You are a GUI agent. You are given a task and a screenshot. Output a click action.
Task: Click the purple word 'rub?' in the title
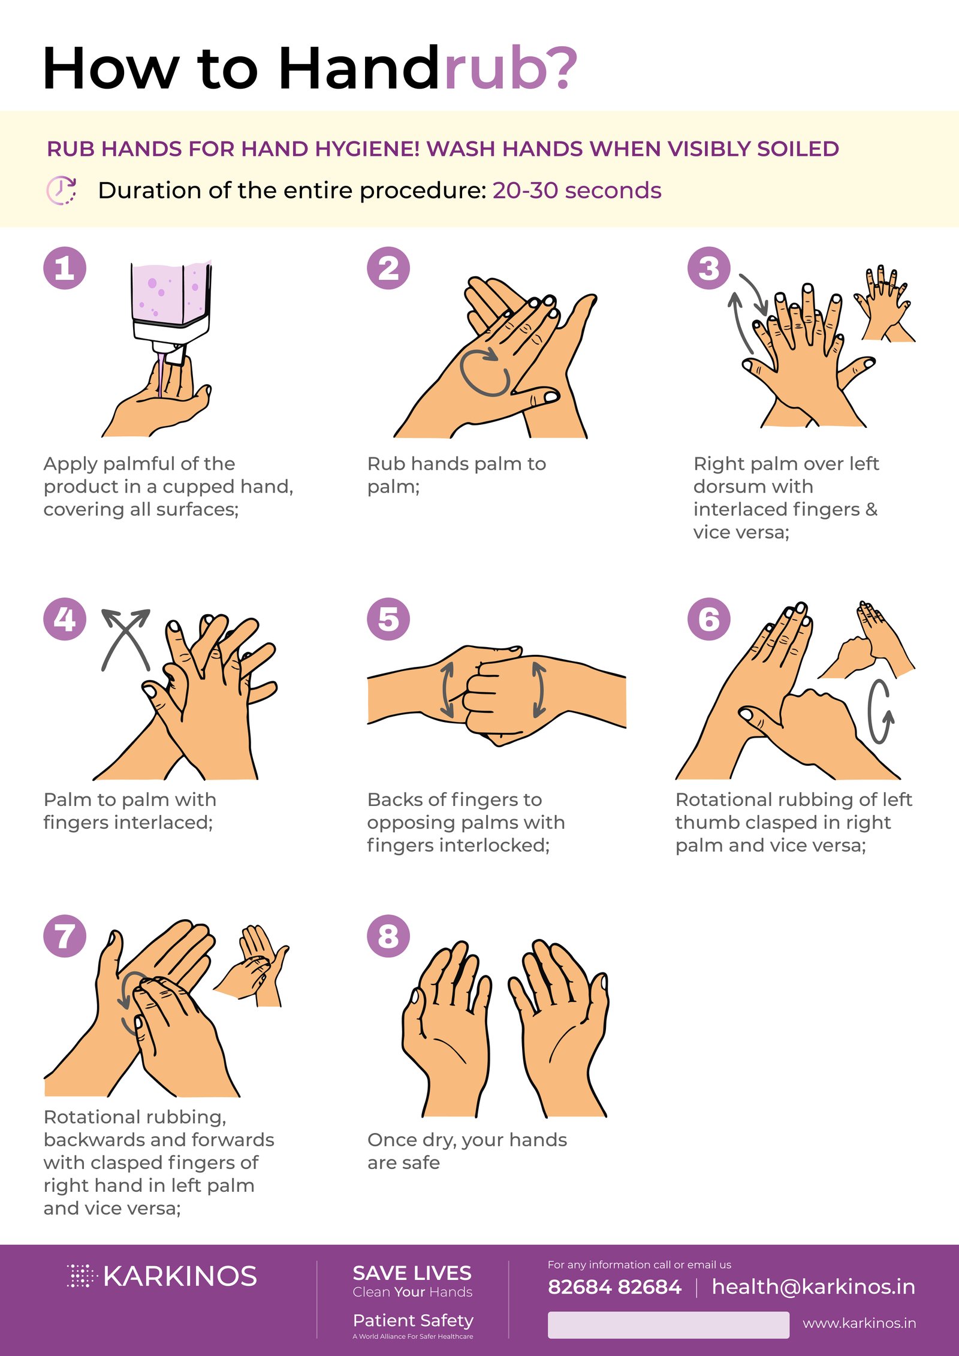[510, 69]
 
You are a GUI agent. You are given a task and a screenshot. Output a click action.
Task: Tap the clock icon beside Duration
[61, 191]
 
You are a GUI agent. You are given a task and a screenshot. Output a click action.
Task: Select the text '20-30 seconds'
[577, 191]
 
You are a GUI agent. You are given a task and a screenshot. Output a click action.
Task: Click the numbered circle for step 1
[65, 268]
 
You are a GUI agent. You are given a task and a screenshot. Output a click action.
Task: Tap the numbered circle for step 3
[708, 268]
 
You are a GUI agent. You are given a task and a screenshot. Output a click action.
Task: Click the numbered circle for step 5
[388, 619]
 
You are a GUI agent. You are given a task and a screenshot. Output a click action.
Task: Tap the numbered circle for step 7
[65, 936]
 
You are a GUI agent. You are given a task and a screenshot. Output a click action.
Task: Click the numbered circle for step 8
[388, 936]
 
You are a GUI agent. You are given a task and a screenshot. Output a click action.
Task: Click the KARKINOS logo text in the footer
[180, 1277]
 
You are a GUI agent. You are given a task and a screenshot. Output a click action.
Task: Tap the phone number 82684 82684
[614, 1287]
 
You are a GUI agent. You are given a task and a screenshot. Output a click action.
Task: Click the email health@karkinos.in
[813, 1286]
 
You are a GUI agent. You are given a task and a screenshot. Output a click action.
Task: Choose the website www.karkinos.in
[859, 1323]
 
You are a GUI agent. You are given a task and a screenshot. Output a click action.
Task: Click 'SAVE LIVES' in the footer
[412, 1273]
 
